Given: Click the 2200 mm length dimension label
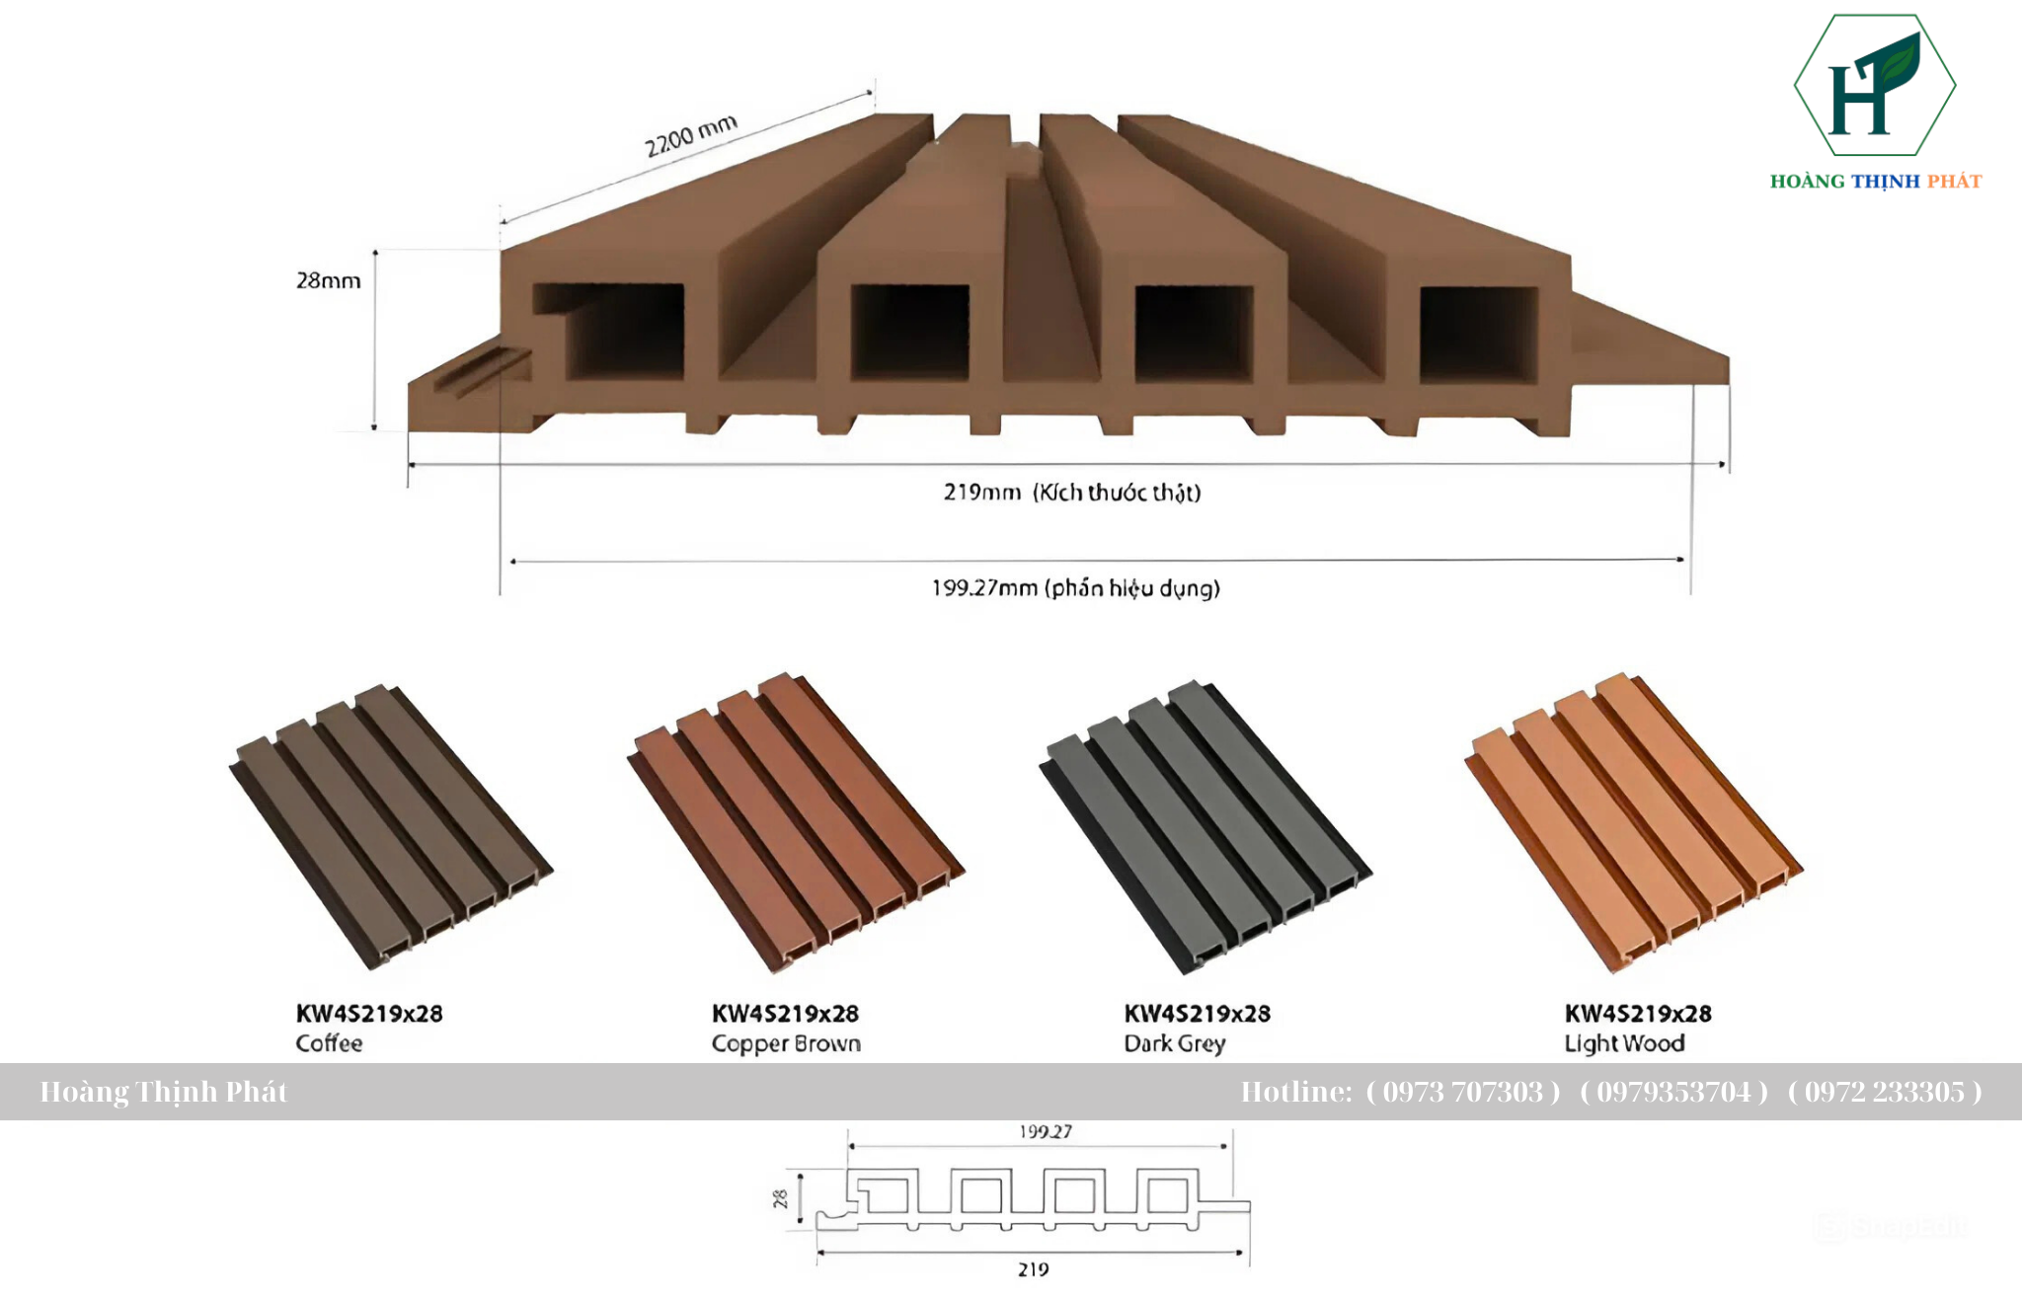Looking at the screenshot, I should [691, 136].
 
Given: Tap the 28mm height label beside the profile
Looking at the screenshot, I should [328, 281].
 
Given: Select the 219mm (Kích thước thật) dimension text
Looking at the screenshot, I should [1072, 492].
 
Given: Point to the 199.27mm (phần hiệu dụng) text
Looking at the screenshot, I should [1075, 588].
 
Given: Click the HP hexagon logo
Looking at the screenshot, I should [1874, 86].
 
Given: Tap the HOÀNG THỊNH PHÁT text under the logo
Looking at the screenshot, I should [1875, 182].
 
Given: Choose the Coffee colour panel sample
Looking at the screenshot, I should [391, 824].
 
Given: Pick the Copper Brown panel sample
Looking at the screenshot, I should [796, 822].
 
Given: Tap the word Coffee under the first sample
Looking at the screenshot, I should [329, 1043].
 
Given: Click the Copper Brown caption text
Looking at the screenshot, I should [786, 1043].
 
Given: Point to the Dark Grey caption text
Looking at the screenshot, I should [1174, 1043].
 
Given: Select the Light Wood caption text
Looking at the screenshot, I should [1624, 1043].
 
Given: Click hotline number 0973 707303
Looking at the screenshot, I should [1462, 1092].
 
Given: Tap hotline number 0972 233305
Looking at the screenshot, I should [1884, 1092].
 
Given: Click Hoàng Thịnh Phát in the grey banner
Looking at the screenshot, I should [164, 1092].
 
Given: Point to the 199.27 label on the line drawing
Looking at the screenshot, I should [1046, 1131].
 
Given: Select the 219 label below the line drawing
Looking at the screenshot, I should [1033, 1269].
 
